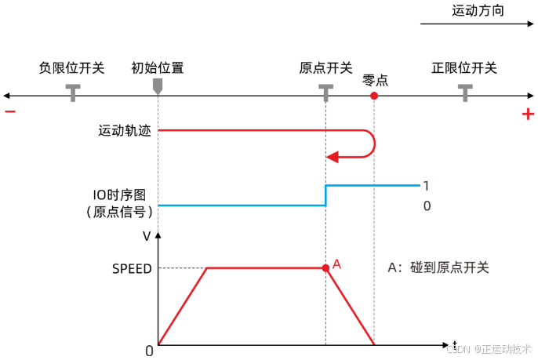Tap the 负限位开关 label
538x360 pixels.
click(71, 67)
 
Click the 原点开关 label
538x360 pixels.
click(325, 67)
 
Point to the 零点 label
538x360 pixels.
click(376, 80)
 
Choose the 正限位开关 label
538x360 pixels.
click(464, 67)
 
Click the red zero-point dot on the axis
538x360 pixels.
click(375, 96)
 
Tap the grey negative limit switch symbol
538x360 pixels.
click(73, 91)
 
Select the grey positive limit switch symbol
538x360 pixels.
click(466, 91)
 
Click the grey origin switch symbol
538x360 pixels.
click(325, 91)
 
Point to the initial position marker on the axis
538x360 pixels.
click(158, 85)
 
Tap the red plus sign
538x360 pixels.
click(528, 115)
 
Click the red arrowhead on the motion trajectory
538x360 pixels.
click(332, 157)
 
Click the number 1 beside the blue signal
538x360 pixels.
click(426, 186)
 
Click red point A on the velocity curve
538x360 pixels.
click(325, 268)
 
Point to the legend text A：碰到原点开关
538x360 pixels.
click(438, 267)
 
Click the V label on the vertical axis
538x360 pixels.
click(147, 235)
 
